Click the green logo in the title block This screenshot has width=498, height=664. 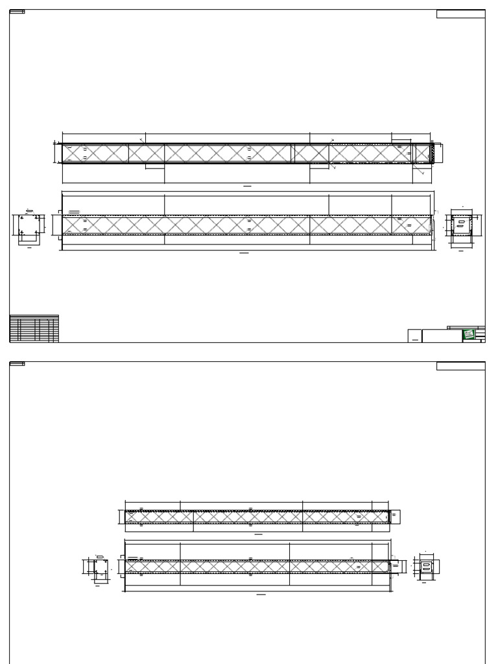pos(469,335)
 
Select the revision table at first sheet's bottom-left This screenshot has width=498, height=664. pos(34,329)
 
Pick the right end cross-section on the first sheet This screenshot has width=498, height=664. pos(462,227)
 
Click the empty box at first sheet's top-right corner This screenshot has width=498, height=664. pos(460,14)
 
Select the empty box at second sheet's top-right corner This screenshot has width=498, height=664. pos(460,366)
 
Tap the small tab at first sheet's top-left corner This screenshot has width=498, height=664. pos(17,12)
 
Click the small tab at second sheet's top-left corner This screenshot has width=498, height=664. pos(17,364)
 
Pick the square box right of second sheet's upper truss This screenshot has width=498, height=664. pos(395,516)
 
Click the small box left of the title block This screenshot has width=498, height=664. pos(414,335)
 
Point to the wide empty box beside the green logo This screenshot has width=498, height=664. pos(442,335)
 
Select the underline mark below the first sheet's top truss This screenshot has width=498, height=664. pos(247,186)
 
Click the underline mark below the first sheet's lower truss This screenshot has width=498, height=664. pos(244,253)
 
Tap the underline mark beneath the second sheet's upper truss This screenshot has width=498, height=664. pos(258,535)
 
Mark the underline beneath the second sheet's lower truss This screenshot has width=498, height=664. pos(261,594)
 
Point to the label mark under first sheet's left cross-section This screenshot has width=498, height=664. pos(29,248)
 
